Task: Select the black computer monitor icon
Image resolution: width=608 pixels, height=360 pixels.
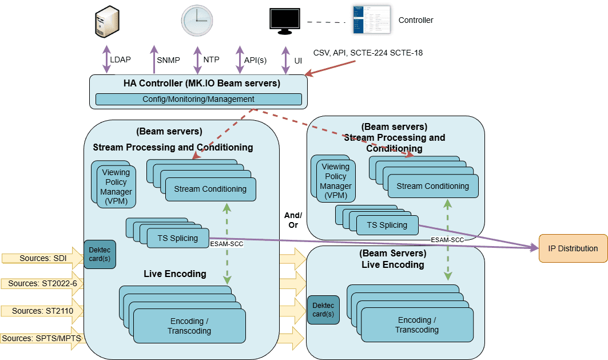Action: click(x=285, y=21)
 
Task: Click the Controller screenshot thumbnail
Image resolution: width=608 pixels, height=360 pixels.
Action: click(x=371, y=21)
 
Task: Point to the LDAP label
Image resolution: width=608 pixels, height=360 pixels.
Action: click(x=120, y=60)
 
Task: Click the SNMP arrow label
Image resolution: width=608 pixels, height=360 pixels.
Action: click(x=168, y=60)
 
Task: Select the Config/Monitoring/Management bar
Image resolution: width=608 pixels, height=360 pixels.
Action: click(x=198, y=99)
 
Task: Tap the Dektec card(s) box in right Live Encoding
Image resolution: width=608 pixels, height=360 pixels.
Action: click(x=323, y=310)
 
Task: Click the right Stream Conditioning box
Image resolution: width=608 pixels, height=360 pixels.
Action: click(x=432, y=186)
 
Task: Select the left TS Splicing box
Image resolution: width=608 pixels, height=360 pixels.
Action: click(x=177, y=238)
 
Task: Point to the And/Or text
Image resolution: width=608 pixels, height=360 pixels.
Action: click(x=293, y=220)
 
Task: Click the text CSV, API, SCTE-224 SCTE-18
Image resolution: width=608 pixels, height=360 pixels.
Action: click(x=368, y=53)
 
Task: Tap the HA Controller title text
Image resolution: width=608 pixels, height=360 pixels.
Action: click(x=201, y=84)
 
